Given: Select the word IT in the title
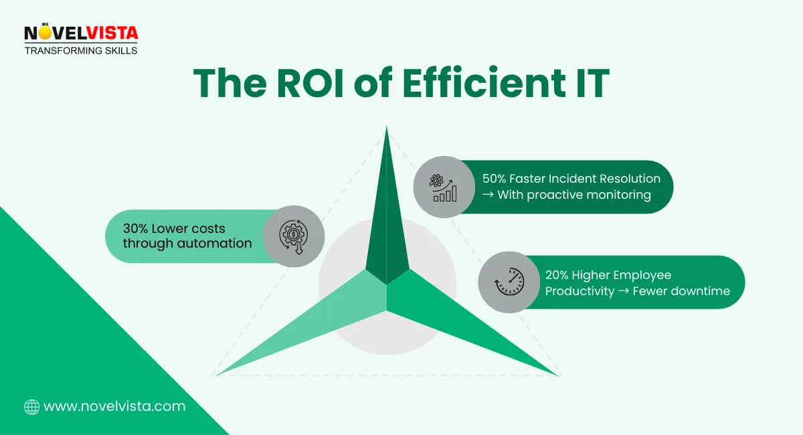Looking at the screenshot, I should pos(589,84).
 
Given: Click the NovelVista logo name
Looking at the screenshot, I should pos(80,33).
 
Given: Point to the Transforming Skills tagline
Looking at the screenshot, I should pos(80,50).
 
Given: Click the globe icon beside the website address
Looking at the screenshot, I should pos(31,406).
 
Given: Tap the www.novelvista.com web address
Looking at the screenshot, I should pos(114,406).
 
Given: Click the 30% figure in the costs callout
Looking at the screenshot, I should pos(137,229).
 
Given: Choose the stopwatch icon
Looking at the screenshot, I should pos(509,282).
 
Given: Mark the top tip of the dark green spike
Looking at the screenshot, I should pos(386,127).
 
